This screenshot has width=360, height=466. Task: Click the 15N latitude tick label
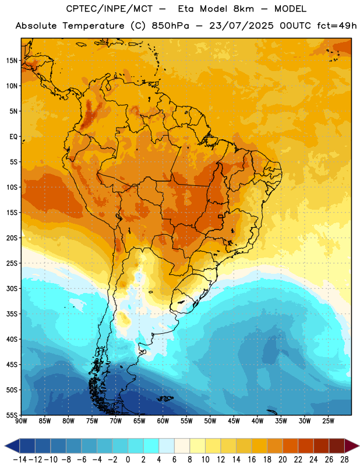click(12, 61)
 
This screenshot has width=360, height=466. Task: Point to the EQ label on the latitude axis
click(13, 137)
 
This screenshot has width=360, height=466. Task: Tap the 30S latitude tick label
click(12, 288)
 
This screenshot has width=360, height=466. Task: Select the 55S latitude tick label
click(12, 415)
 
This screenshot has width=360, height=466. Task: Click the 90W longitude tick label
click(21, 421)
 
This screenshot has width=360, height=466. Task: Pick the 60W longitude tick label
click(163, 421)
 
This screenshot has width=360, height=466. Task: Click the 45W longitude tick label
click(234, 421)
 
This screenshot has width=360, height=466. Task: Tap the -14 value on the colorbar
click(20, 460)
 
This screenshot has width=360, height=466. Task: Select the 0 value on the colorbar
click(128, 460)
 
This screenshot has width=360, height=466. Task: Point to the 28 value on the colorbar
click(344, 460)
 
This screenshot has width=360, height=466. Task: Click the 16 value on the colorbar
click(252, 460)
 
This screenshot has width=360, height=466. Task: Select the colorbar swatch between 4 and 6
click(167, 446)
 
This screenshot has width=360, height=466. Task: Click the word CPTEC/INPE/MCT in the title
click(109, 9)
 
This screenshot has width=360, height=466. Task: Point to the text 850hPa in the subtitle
click(170, 26)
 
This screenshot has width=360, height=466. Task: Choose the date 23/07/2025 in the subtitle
click(241, 26)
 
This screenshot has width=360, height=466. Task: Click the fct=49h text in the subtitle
click(337, 26)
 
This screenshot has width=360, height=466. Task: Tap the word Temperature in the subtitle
click(93, 26)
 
